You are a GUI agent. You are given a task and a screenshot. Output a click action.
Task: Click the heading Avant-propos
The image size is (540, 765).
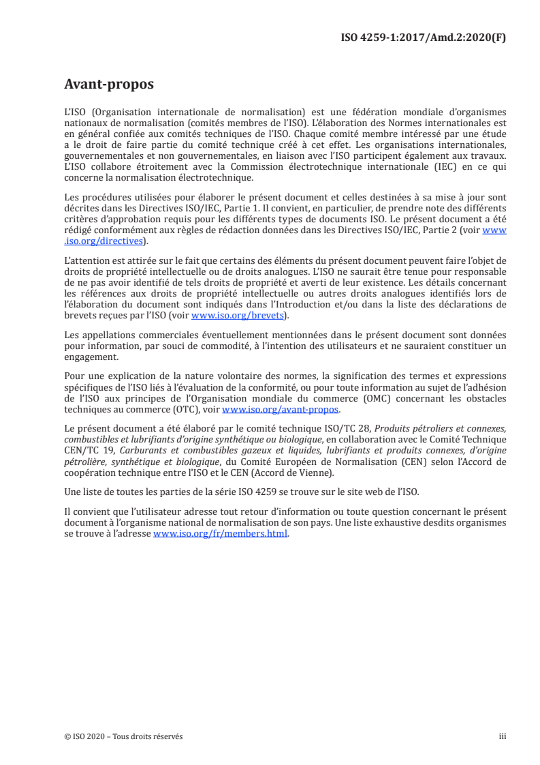(x=109, y=85)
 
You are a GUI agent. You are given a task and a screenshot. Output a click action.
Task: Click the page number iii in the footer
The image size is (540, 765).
(x=503, y=736)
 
